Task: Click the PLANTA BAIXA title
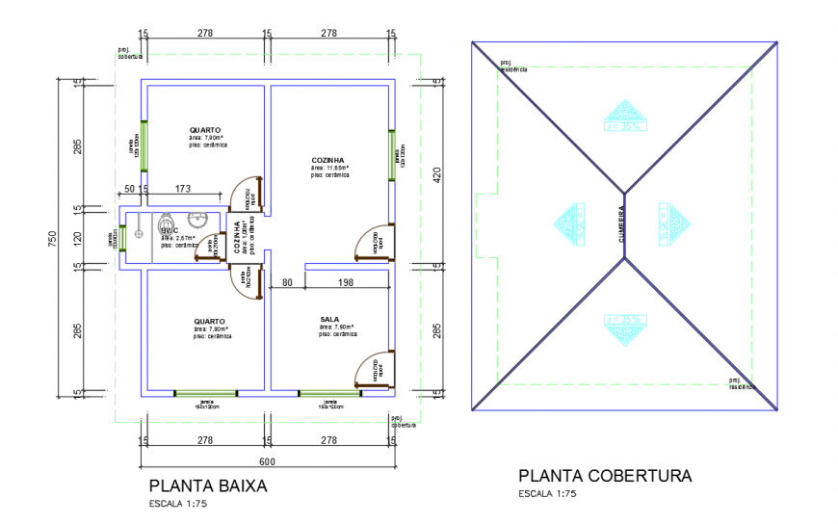[208, 486]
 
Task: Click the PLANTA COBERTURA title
[605, 476]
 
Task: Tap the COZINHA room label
[327, 160]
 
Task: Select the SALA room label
[329, 318]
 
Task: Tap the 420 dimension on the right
[435, 174]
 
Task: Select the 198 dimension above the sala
[347, 282]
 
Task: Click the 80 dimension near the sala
[287, 282]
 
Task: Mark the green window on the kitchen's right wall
[395, 155]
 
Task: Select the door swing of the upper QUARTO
[249, 193]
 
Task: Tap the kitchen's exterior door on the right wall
[372, 242]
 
